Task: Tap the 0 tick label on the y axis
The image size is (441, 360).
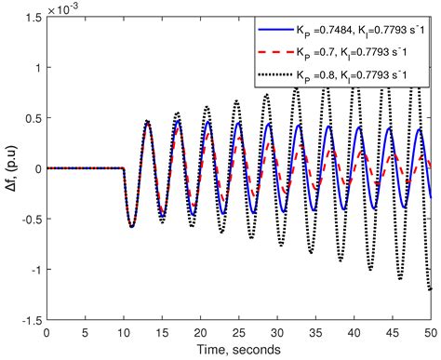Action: (36, 168)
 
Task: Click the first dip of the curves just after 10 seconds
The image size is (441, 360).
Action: (131, 226)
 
